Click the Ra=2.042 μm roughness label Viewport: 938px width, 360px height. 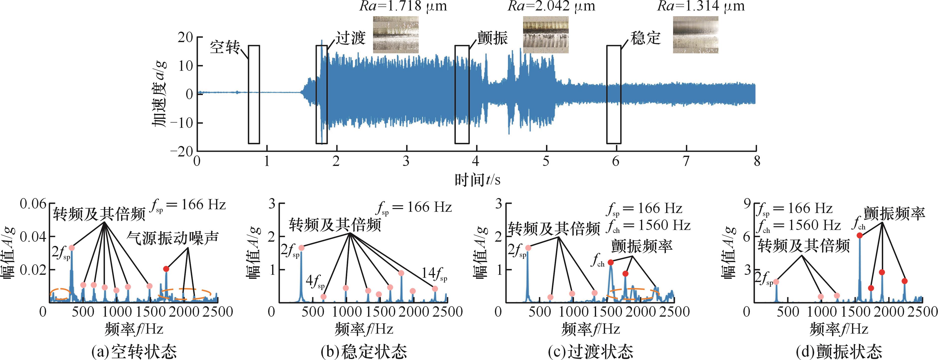pyautogui.click(x=552, y=6)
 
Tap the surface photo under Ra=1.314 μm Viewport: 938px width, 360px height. pyautogui.click(x=696, y=35)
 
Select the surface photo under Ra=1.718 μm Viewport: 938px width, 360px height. pyautogui.click(x=396, y=35)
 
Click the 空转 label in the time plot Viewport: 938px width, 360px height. pyautogui.click(x=225, y=48)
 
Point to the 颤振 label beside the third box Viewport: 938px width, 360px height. pyautogui.click(x=492, y=38)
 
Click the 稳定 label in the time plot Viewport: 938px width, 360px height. pyautogui.click(x=645, y=38)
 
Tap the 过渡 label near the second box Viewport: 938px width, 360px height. pyautogui.click(x=350, y=38)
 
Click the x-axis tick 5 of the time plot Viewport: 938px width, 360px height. pyautogui.click(x=546, y=161)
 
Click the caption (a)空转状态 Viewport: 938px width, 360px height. pyautogui.click(x=134, y=352)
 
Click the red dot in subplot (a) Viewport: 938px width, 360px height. pyautogui.click(x=166, y=269)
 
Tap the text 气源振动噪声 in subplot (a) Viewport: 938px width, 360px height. pyautogui.click(x=173, y=238)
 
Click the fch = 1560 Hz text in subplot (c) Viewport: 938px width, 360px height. pyautogui.click(x=648, y=226)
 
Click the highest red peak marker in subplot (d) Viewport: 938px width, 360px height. pyautogui.click(x=859, y=235)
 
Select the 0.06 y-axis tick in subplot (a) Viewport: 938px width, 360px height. pyautogui.click(x=33, y=204)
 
